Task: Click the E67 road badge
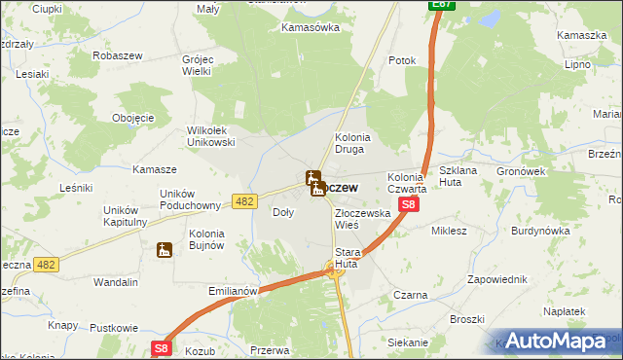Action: point(442,6)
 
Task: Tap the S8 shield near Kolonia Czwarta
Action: point(409,204)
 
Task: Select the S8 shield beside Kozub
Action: point(161,347)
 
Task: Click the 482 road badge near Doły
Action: point(244,200)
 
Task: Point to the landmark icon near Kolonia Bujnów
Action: point(164,250)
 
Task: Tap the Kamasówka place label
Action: point(310,27)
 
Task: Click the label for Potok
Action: point(402,60)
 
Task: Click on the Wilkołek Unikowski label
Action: point(211,136)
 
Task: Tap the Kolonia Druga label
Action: point(354,144)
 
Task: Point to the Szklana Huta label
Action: point(458,176)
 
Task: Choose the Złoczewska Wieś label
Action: point(362,218)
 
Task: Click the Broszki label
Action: point(467,319)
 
